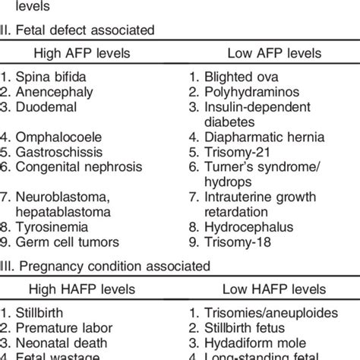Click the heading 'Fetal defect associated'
pos(90,30)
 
